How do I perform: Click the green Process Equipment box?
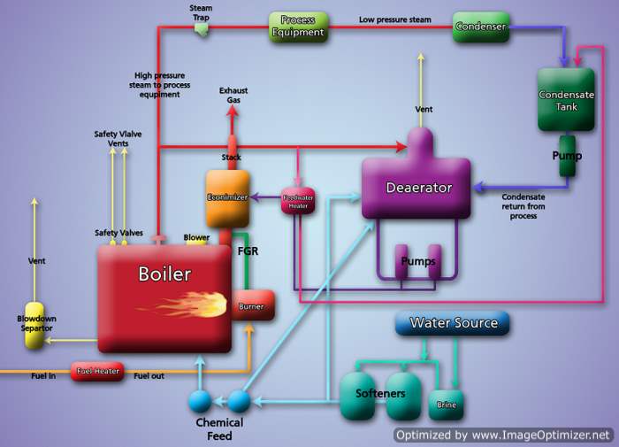click(x=298, y=27)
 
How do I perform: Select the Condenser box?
click(x=481, y=27)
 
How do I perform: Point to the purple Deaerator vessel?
click(x=418, y=186)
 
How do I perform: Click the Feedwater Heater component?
click(x=296, y=201)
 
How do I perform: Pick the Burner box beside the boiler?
click(x=253, y=306)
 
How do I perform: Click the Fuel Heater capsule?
click(x=97, y=372)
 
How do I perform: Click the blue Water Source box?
click(x=453, y=323)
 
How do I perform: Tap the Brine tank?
click(x=446, y=404)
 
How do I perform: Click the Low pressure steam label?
click(x=394, y=19)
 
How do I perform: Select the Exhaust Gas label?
click(x=233, y=95)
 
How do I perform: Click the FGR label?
click(x=248, y=251)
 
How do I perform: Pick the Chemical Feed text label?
click(x=219, y=428)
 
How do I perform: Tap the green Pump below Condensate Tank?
click(x=566, y=156)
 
